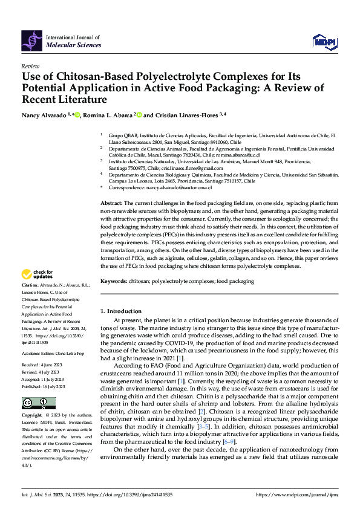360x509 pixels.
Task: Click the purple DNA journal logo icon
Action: (31, 40)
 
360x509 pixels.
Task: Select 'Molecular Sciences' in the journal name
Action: (74, 45)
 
